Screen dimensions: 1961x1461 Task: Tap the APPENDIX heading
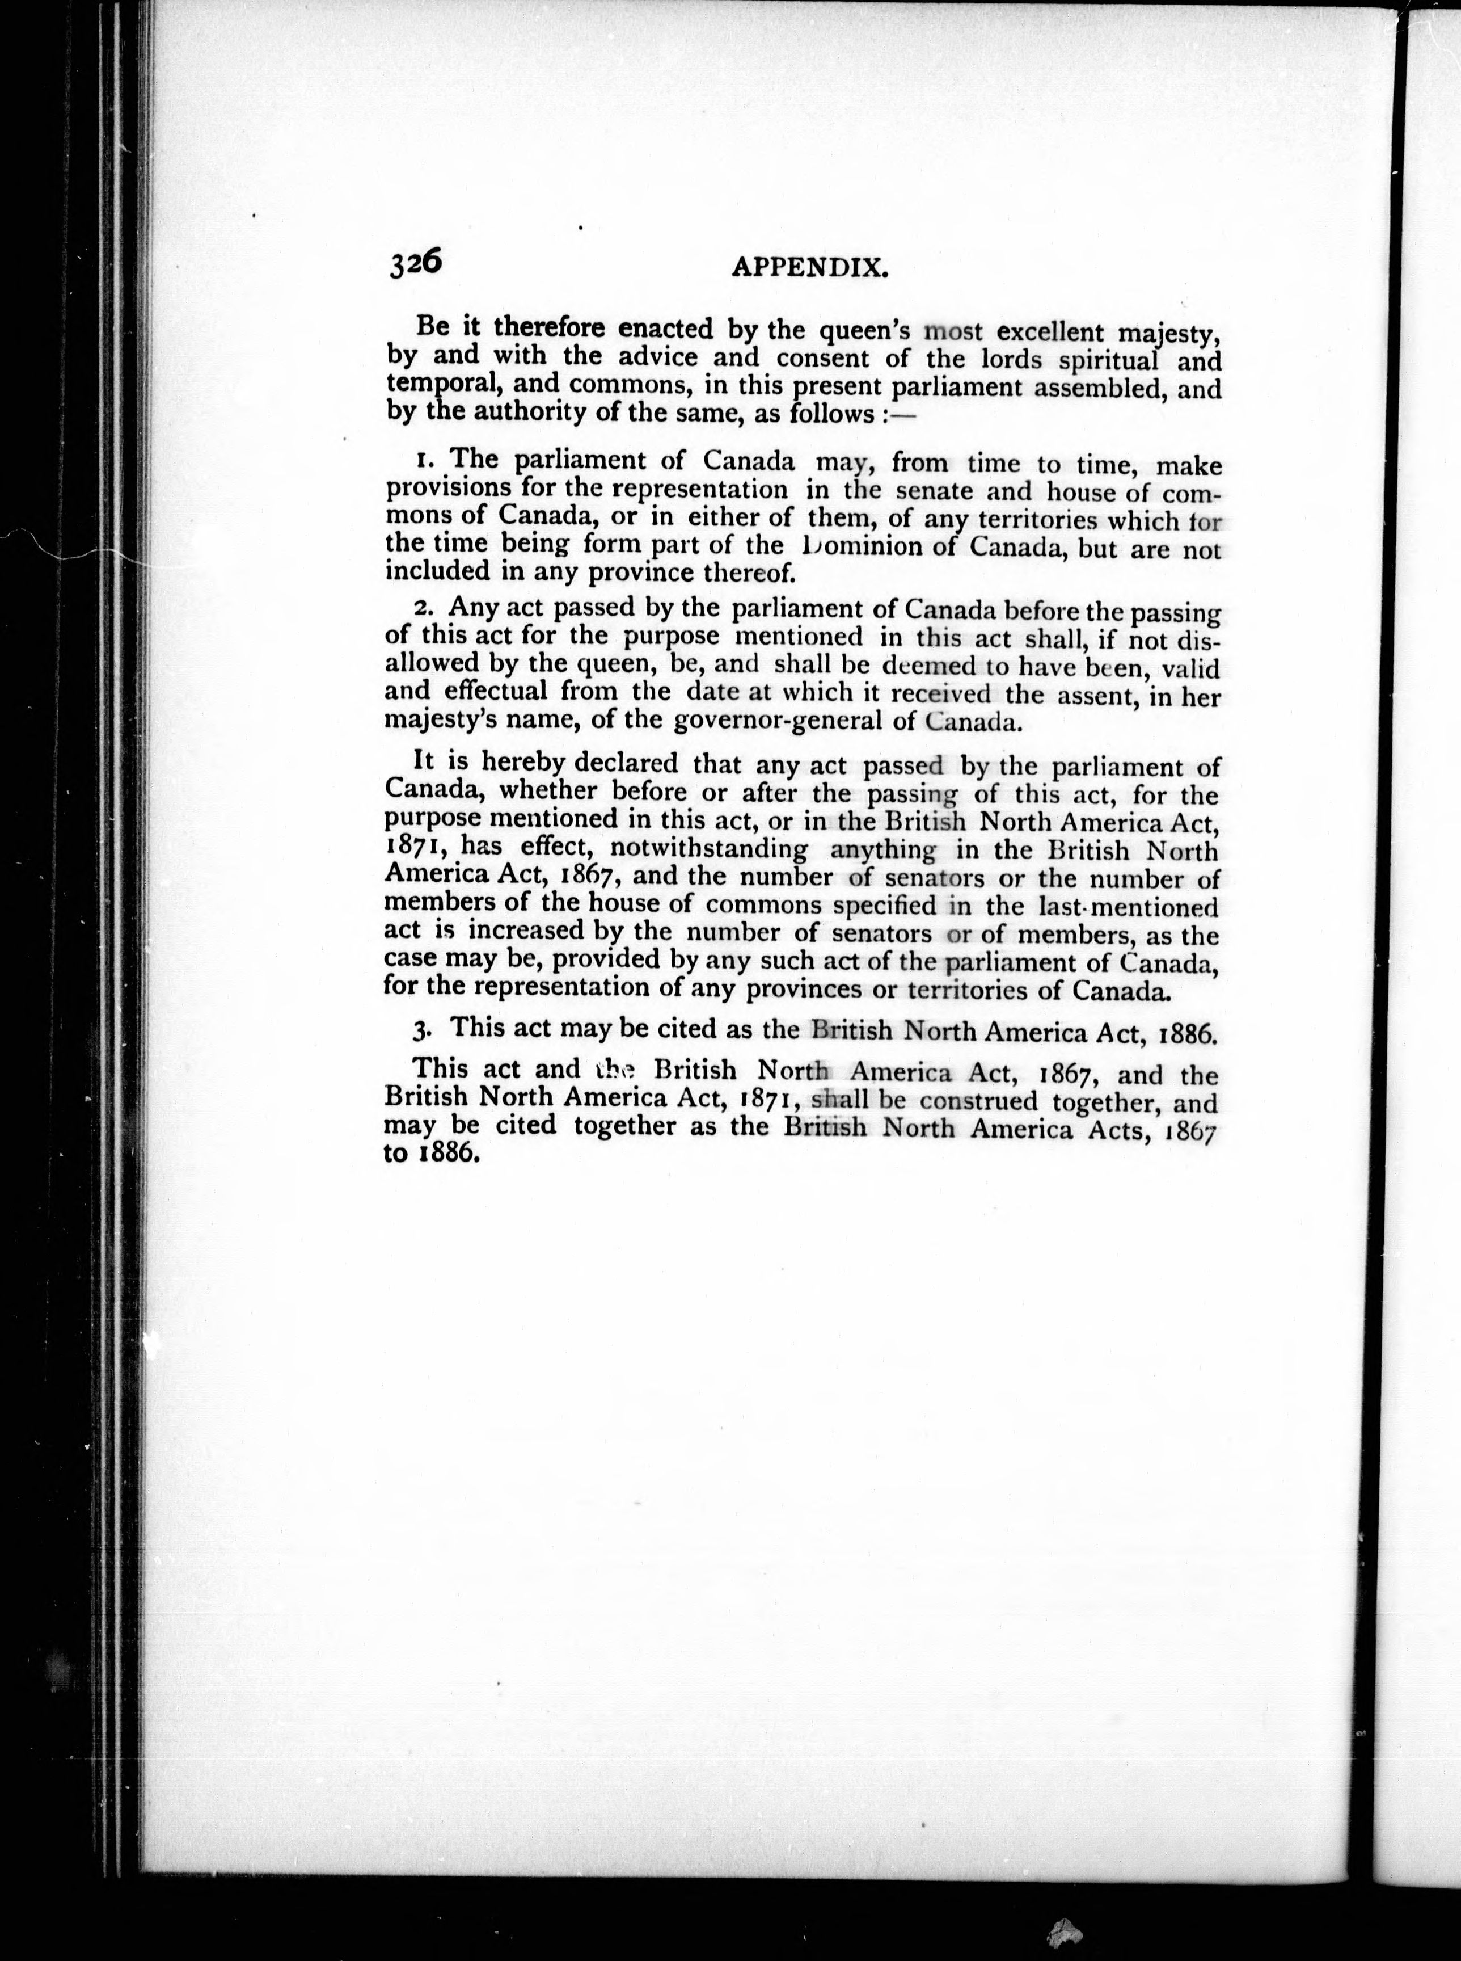(x=810, y=267)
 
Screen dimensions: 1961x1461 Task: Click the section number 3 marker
(x=423, y=1029)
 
